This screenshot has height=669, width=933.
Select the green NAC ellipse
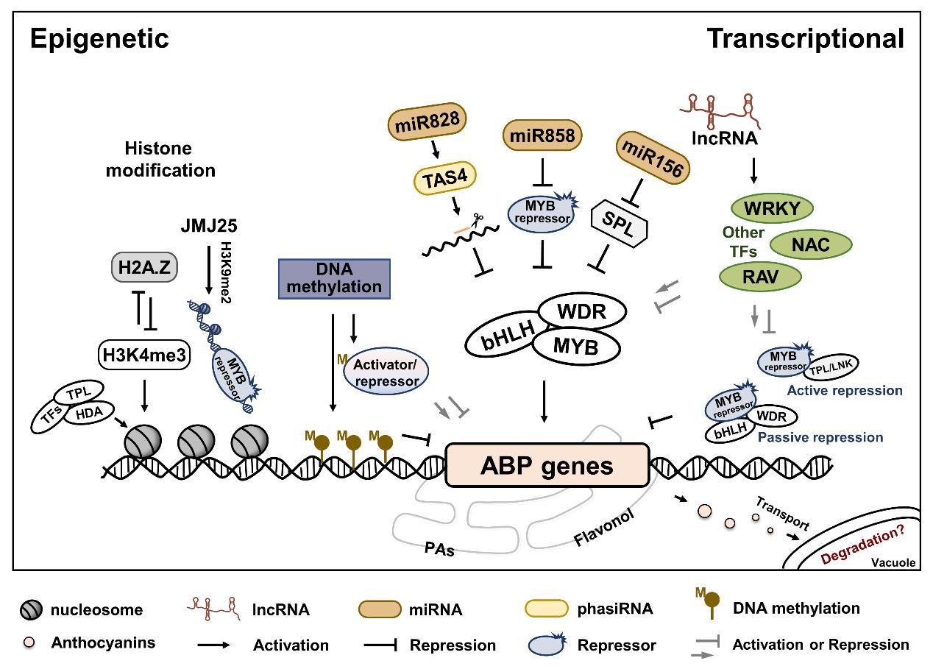coord(810,244)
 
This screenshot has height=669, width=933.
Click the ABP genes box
coord(547,466)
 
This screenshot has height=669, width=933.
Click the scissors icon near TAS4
coord(478,218)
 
